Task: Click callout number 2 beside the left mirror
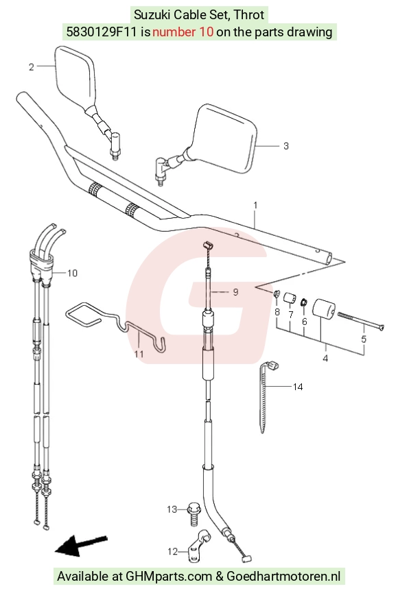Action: (32, 67)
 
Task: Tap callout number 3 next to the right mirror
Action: (286, 146)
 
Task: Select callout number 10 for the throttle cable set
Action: (72, 273)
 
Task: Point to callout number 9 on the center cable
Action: (235, 292)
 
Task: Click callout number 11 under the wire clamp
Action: (139, 354)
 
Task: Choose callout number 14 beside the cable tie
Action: (298, 387)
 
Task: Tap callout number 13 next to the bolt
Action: (172, 509)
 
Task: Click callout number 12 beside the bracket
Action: (172, 551)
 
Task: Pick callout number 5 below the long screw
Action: (364, 339)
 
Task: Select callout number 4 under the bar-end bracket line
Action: (325, 358)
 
